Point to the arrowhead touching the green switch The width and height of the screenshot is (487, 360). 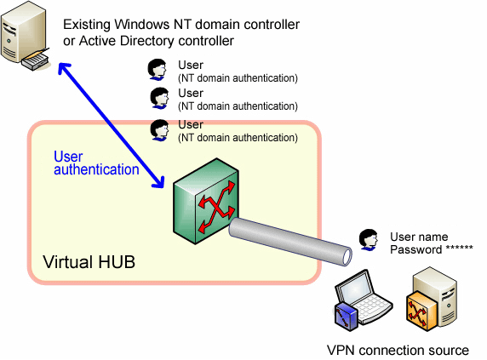(x=158, y=182)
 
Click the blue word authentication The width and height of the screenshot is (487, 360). (x=96, y=169)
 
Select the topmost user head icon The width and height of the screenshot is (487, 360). (x=157, y=70)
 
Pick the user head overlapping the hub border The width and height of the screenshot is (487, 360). (x=159, y=130)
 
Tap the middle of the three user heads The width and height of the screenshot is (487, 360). (x=159, y=98)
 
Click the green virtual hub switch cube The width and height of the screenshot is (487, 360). (x=205, y=201)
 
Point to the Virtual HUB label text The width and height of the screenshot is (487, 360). (x=89, y=261)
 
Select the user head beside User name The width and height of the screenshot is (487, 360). (x=369, y=240)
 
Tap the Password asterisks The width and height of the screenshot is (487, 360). (x=460, y=249)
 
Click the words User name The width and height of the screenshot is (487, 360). (x=419, y=237)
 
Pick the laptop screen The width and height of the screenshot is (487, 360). (x=353, y=288)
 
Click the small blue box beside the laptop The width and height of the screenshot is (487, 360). (x=346, y=316)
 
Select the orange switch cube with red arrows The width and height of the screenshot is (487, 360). (x=421, y=311)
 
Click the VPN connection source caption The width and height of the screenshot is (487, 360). (x=398, y=351)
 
